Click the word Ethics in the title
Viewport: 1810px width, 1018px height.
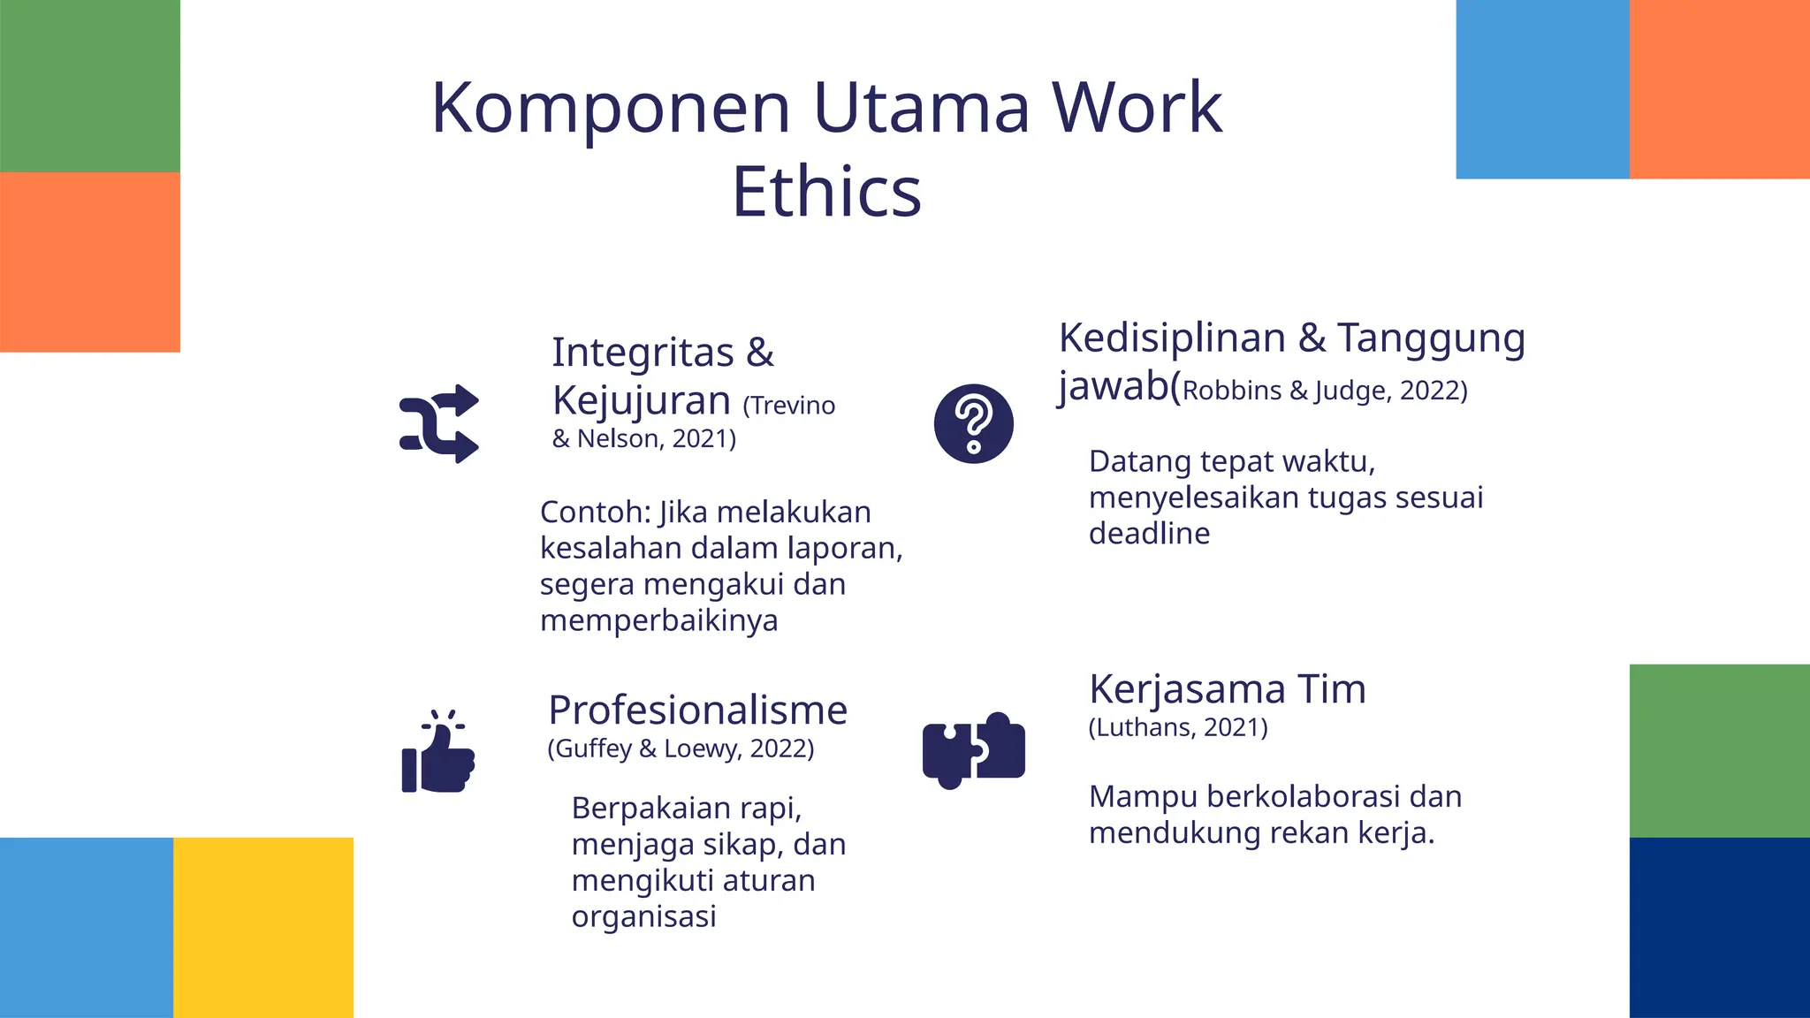(x=826, y=192)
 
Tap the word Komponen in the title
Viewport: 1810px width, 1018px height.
(x=610, y=109)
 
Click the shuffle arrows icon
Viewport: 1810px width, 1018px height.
(x=439, y=424)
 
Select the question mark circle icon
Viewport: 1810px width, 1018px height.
(x=973, y=424)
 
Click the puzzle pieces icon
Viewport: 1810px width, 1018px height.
(x=973, y=749)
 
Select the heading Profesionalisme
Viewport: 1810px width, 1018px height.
(x=697, y=710)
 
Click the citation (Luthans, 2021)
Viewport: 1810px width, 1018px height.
(x=1178, y=727)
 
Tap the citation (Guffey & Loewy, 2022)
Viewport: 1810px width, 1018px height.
(x=681, y=748)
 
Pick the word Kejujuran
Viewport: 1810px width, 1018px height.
(x=641, y=400)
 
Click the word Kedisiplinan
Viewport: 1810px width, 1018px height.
(x=1172, y=338)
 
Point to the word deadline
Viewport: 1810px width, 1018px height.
(x=1149, y=534)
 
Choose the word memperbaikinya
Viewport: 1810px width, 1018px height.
(x=658, y=620)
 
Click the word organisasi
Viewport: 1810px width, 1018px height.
(x=643, y=916)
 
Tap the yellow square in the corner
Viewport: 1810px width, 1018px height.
(x=263, y=927)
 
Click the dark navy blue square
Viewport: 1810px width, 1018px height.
(x=1719, y=927)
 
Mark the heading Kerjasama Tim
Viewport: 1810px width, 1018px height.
(x=1227, y=689)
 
